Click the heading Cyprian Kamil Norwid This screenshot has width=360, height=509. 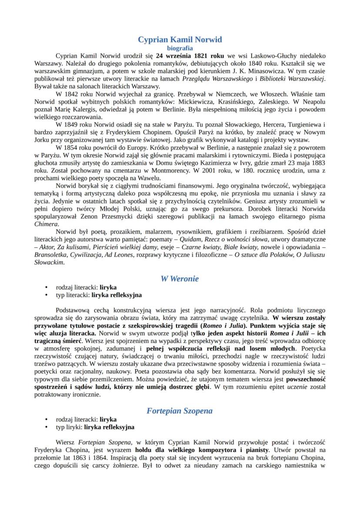click(180, 40)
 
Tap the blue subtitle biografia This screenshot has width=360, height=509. click(180, 48)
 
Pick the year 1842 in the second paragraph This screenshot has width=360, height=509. click(75, 94)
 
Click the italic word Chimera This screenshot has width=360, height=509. click(46, 224)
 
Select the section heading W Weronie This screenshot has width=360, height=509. click(180, 279)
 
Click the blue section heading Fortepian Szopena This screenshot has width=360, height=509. click(180, 410)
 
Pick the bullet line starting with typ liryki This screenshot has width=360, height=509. click(95, 427)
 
